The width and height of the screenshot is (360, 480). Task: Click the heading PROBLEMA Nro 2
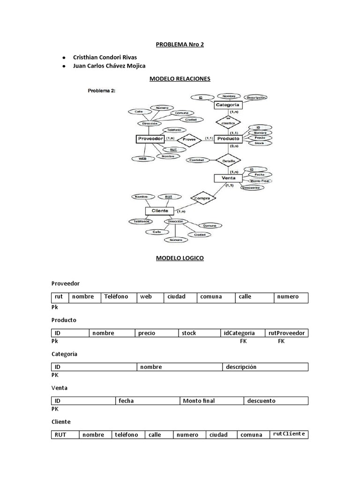tap(180, 45)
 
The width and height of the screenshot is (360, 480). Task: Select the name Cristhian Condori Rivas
tap(105, 57)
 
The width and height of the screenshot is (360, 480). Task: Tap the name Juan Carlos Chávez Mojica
tap(109, 66)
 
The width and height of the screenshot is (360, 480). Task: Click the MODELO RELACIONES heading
tap(180, 79)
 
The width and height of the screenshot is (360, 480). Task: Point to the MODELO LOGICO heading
tap(180, 258)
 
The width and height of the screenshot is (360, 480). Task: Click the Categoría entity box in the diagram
tap(227, 105)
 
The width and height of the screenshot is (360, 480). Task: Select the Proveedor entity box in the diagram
tap(150, 139)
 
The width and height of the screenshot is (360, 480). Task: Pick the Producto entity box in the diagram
tap(228, 139)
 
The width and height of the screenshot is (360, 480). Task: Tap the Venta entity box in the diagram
tap(228, 178)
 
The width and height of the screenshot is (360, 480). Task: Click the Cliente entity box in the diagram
tap(159, 211)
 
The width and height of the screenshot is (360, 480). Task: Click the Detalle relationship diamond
tap(228, 160)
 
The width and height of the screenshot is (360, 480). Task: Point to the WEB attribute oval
tap(142, 158)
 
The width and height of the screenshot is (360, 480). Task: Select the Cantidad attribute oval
tap(196, 160)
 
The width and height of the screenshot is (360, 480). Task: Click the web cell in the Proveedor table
tap(150, 297)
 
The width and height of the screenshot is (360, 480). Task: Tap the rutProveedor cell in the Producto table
tap(286, 333)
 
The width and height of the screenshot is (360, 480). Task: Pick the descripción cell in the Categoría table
tap(265, 367)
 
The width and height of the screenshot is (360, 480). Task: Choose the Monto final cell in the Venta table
tap(211, 401)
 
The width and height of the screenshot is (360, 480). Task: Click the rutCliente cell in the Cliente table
tap(289, 434)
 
